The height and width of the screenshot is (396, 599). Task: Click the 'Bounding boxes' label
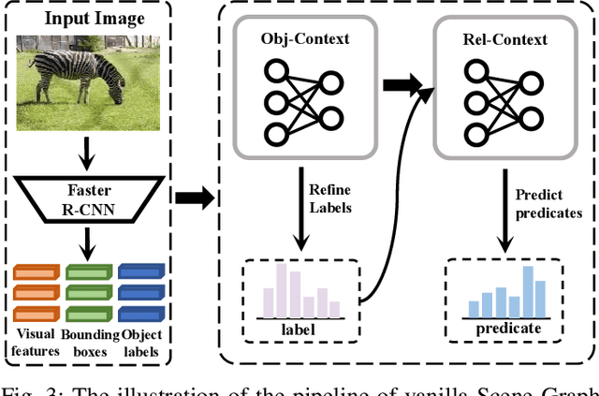click(x=91, y=343)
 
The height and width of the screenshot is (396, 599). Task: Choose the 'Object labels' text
click(x=141, y=343)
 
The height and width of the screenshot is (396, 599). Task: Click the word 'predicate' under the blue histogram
click(x=509, y=329)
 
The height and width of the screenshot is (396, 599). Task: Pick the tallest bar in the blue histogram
click(x=528, y=291)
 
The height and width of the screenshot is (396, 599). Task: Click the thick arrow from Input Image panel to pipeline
click(x=194, y=197)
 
